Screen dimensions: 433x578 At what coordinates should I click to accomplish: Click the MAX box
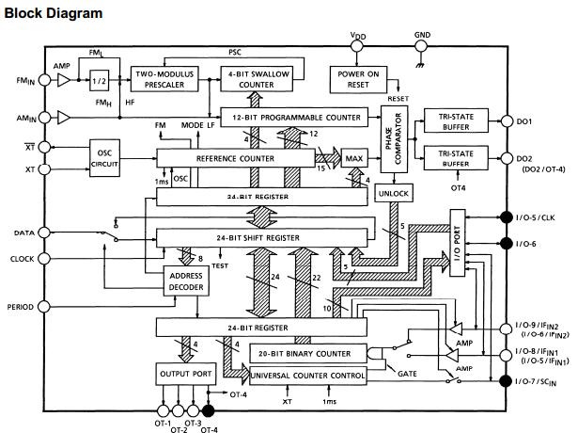pyautogui.click(x=353, y=158)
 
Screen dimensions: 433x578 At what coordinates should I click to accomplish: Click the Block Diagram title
pyautogui.click(x=54, y=13)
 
